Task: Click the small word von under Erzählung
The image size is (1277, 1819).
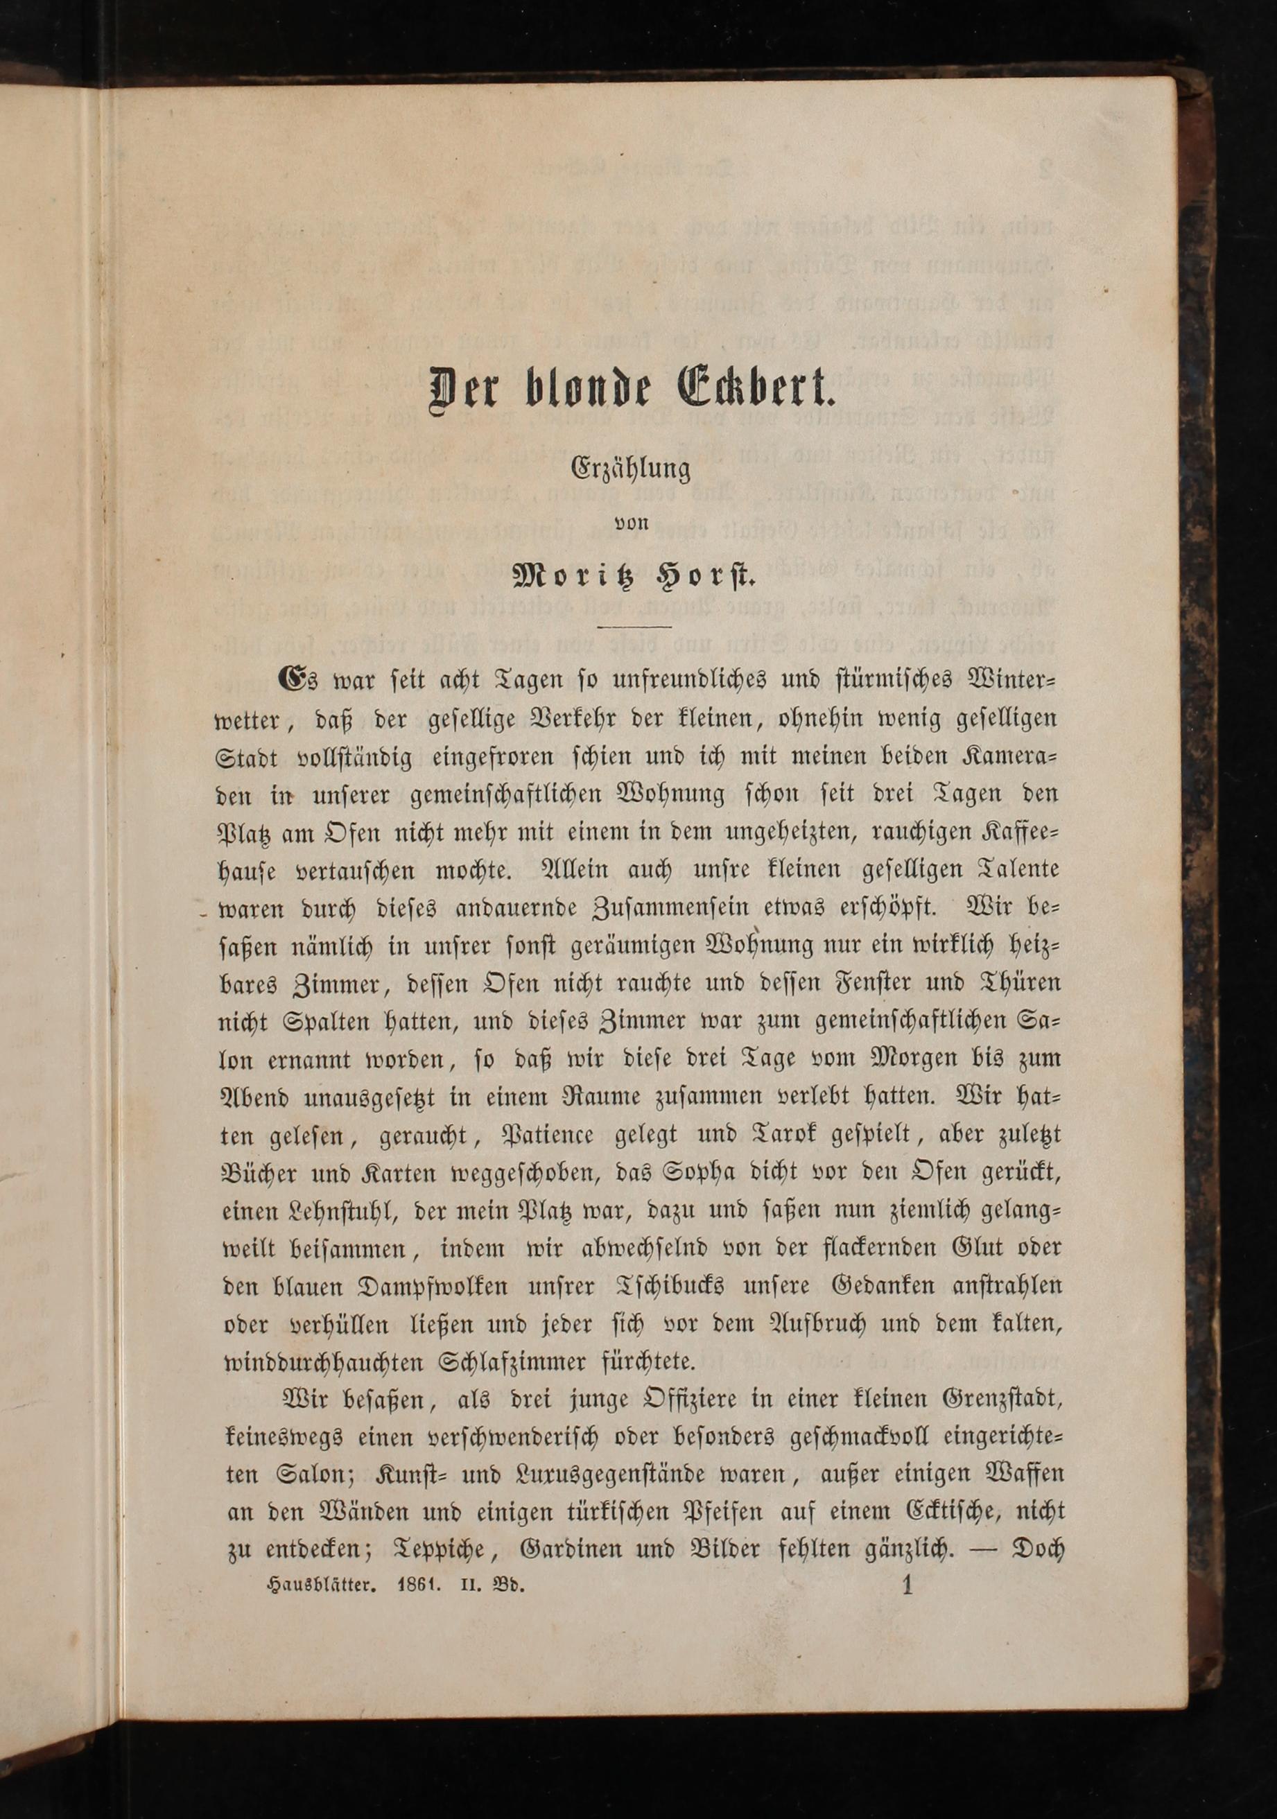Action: coord(632,522)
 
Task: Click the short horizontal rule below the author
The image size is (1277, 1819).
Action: coord(634,627)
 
